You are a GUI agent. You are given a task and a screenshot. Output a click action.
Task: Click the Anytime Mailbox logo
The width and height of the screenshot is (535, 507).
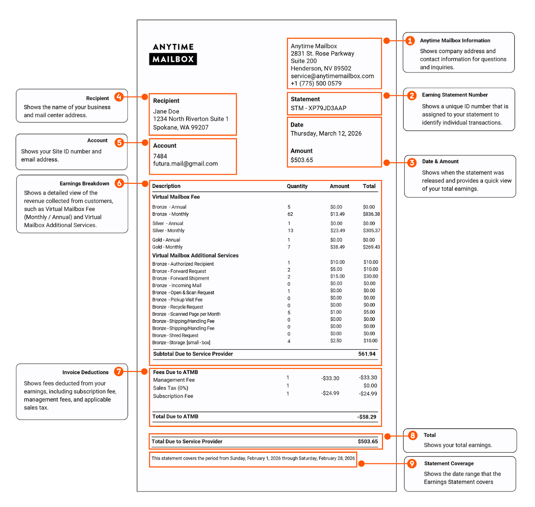pos(173,54)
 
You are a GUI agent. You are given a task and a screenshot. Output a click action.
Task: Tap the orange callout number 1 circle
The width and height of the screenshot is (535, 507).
pos(410,41)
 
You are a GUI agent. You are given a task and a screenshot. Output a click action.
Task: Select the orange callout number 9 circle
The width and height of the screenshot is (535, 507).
pos(412,464)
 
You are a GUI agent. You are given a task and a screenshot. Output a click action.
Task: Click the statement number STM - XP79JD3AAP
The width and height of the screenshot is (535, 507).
pos(318,108)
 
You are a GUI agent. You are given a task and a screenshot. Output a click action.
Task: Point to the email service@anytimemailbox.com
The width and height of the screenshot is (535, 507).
pos(332,76)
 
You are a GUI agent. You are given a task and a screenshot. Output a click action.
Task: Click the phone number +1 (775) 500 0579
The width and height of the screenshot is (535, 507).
pos(316,84)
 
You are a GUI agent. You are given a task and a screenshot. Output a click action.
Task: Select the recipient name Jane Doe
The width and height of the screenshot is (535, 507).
pos(166,111)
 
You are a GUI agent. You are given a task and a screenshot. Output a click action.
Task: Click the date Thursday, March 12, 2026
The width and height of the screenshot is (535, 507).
pos(326,133)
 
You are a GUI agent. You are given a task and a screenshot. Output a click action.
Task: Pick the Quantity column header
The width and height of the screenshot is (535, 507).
pos(297,186)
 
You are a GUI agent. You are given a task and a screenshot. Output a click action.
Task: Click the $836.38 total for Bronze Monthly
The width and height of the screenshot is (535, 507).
pos(371,214)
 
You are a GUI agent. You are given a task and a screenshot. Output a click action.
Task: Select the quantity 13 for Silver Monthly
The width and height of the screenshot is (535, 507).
pos(290,231)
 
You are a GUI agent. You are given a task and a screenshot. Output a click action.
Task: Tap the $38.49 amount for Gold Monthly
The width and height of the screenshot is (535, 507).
pos(337,247)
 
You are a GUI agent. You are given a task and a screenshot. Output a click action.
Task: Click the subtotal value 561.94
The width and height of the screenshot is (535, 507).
pos(367,354)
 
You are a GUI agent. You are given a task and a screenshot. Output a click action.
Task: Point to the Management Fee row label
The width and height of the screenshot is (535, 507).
pos(174,380)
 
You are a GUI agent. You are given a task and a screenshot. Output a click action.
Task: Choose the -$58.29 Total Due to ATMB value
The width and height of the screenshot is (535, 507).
pos(366,417)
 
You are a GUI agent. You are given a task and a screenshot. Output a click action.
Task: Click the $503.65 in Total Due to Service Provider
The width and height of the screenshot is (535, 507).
pos(367,441)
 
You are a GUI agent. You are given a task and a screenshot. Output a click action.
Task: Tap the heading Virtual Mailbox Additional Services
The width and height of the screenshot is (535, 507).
pos(195,255)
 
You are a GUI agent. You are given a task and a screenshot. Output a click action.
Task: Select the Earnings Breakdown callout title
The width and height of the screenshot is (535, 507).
pos(84,183)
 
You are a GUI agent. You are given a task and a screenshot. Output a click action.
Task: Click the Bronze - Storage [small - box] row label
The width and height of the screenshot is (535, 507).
pos(181,343)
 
